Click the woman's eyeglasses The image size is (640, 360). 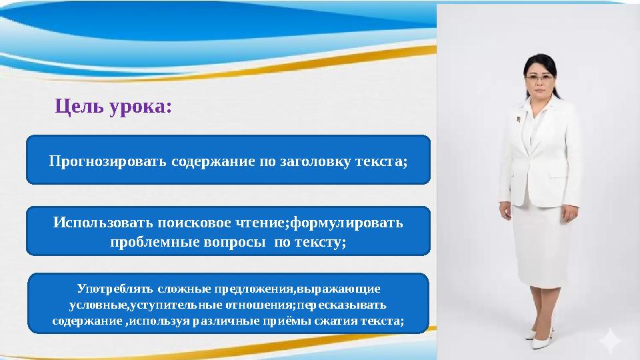[540, 77]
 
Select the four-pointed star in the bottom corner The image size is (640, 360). [611, 341]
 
